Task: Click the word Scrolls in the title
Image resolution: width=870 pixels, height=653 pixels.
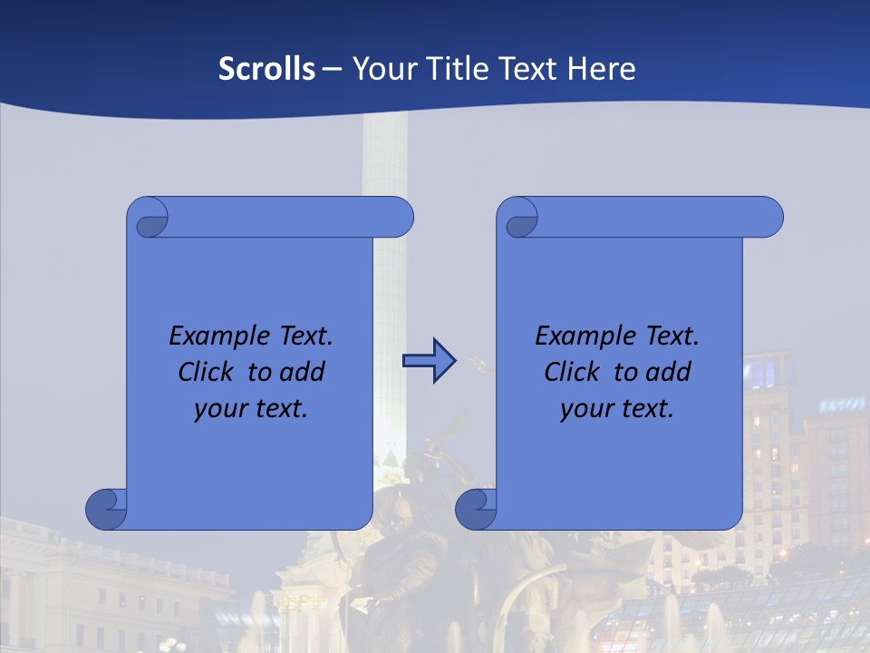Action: tap(266, 69)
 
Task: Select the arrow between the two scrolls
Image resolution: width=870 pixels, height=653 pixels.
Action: tap(429, 361)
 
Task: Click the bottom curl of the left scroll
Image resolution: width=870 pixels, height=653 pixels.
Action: tap(107, 508)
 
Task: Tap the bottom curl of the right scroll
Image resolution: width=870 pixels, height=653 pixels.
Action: tap(477, 508)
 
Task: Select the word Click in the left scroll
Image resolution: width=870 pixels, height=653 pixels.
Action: tap(209, 372)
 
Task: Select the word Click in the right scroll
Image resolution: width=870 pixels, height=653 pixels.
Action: tap(575, 372)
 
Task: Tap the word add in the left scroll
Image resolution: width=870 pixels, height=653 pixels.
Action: tap(303, 372)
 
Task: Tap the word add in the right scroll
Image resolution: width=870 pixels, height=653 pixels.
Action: tap(669, 372)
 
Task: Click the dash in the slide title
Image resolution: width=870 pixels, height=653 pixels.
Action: tap(332, 69)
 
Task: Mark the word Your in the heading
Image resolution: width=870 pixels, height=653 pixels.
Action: tap(382, 69)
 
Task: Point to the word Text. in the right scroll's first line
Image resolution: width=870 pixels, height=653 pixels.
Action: tap(672, 336)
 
